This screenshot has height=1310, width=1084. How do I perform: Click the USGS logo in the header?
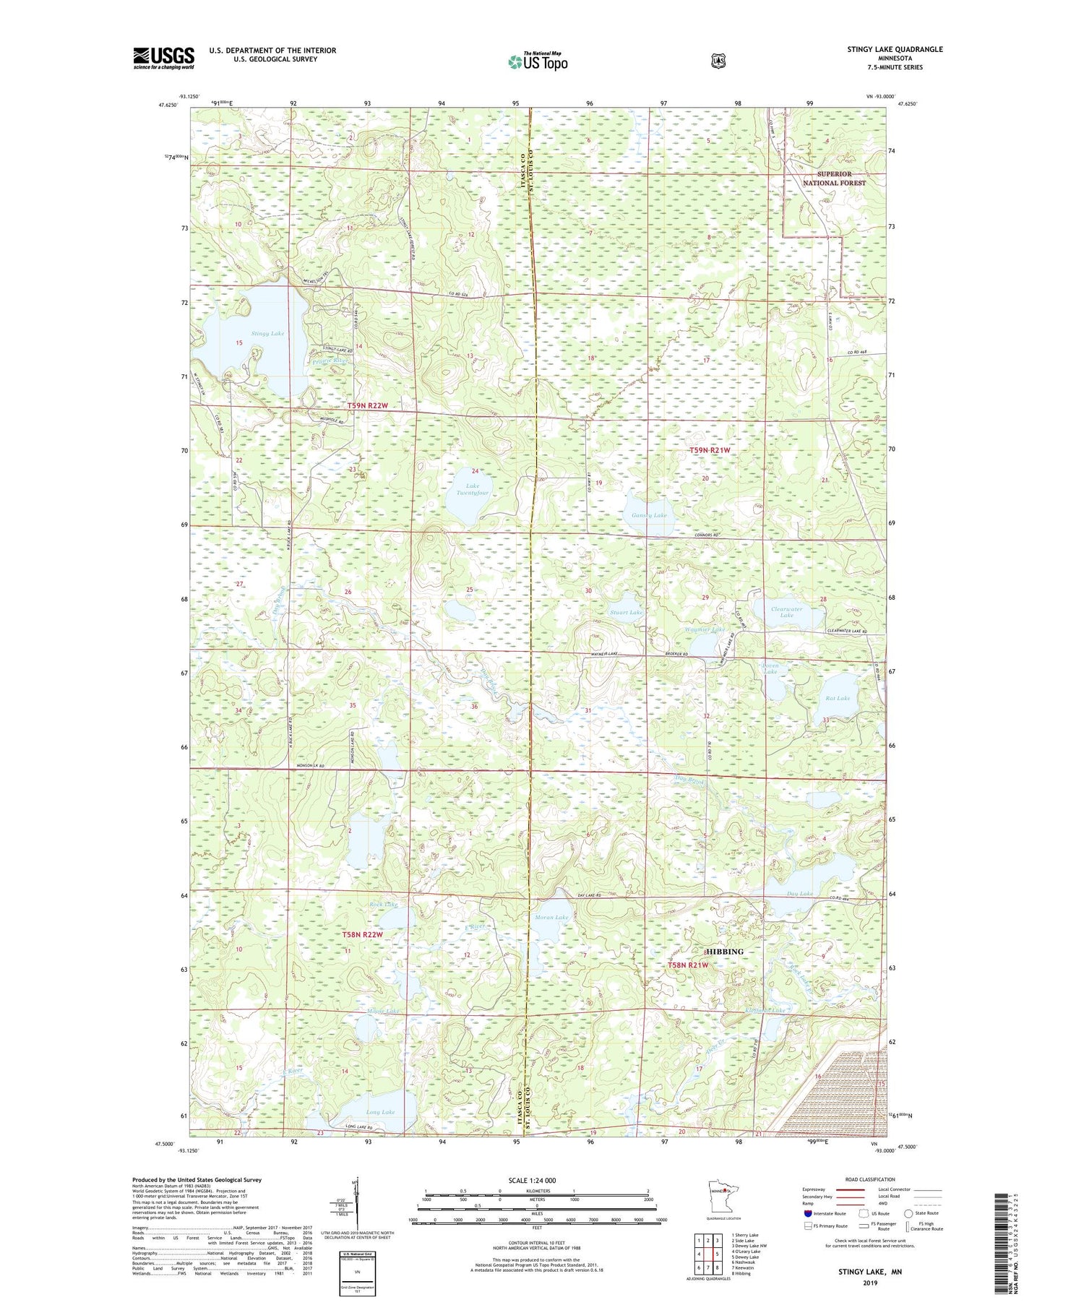pyautogui.click(x=163, y=58)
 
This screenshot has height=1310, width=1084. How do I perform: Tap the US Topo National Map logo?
pyautogui.click(x=538, y=61)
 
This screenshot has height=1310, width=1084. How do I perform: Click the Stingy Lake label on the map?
pyautogui.click(x=267, y=334)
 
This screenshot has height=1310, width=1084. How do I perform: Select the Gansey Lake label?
pyautogui.click(x=649, y=515)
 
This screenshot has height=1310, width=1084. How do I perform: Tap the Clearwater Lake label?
pyautogui.click(x=787, y=612)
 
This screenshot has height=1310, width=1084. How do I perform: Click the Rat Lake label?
pyautogui.click(x=838, y=698)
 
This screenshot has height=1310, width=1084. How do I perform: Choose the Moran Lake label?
pyautogui.click(x=551, y=918)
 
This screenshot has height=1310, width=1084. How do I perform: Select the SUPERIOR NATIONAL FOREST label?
pyautogui.click(x=835, y=178)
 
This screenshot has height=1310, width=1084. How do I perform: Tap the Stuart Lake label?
pyautogui.click(x=626, y=612)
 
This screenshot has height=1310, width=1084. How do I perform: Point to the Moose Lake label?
pyautogui.click(x=383, y=1011)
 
